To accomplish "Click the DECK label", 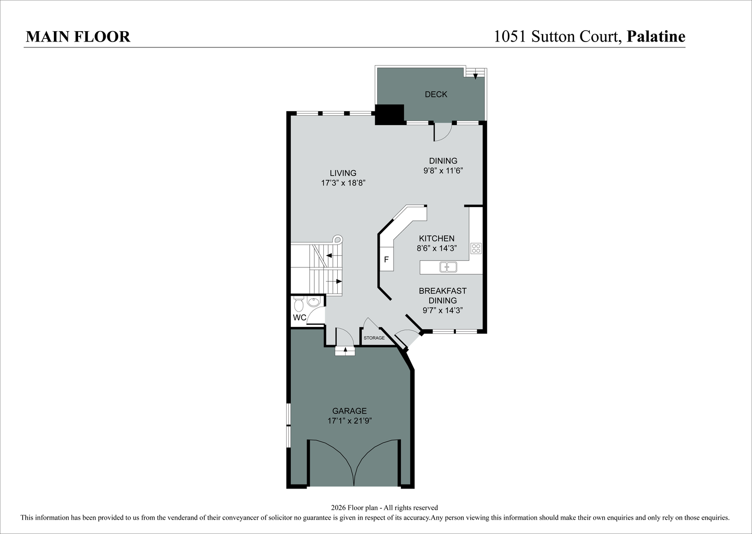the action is pos(436,94).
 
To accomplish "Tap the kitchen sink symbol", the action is pos(448,267).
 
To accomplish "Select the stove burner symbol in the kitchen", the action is pos(476,248).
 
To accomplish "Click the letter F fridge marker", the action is pos(387,260).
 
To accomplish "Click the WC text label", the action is pos(300,317).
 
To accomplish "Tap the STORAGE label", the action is pos(374,338).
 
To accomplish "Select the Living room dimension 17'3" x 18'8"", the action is pos(343,183).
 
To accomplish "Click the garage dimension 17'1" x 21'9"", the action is pos(350,421).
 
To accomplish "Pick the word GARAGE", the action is pos(350,411).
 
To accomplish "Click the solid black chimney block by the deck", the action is pos(389,115).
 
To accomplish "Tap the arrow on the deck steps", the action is pos(475,76).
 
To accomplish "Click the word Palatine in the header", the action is pos(656,37).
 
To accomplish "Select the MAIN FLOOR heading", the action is pos(78,37).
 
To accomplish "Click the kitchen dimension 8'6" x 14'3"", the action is pos(437,248).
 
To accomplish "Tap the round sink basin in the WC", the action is pos(314,302).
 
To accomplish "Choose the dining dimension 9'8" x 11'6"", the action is pos(443,171).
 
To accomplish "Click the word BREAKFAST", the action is pos(442,291).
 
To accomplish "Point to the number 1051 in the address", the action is pos(510,37).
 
